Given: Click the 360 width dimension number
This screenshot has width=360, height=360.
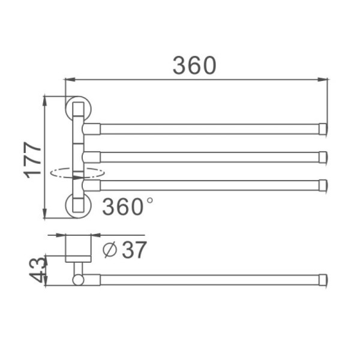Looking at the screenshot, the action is point(194,65).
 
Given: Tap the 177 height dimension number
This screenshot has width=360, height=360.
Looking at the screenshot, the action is point(32,160).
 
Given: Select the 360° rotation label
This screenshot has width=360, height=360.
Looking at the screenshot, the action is point(127,206).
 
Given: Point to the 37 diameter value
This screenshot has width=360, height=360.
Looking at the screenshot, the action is point(134,250).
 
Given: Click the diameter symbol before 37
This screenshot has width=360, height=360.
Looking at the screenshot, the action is point(110,250).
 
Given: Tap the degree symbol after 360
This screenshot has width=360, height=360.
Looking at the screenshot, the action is point(149,200).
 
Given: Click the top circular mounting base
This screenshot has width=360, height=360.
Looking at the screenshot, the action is point(78,109).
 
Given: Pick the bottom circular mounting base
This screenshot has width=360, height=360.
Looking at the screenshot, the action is point(78,205).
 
